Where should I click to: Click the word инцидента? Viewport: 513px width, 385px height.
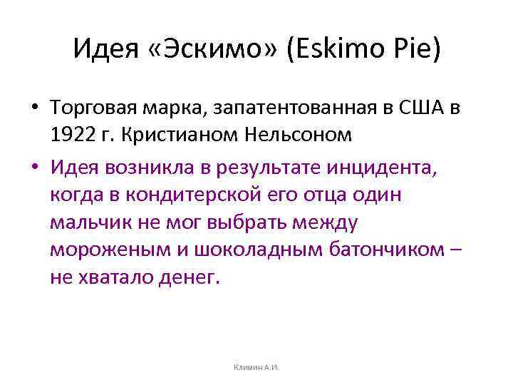pos(382,168)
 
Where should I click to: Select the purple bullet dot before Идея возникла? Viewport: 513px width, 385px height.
pos(34,169)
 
